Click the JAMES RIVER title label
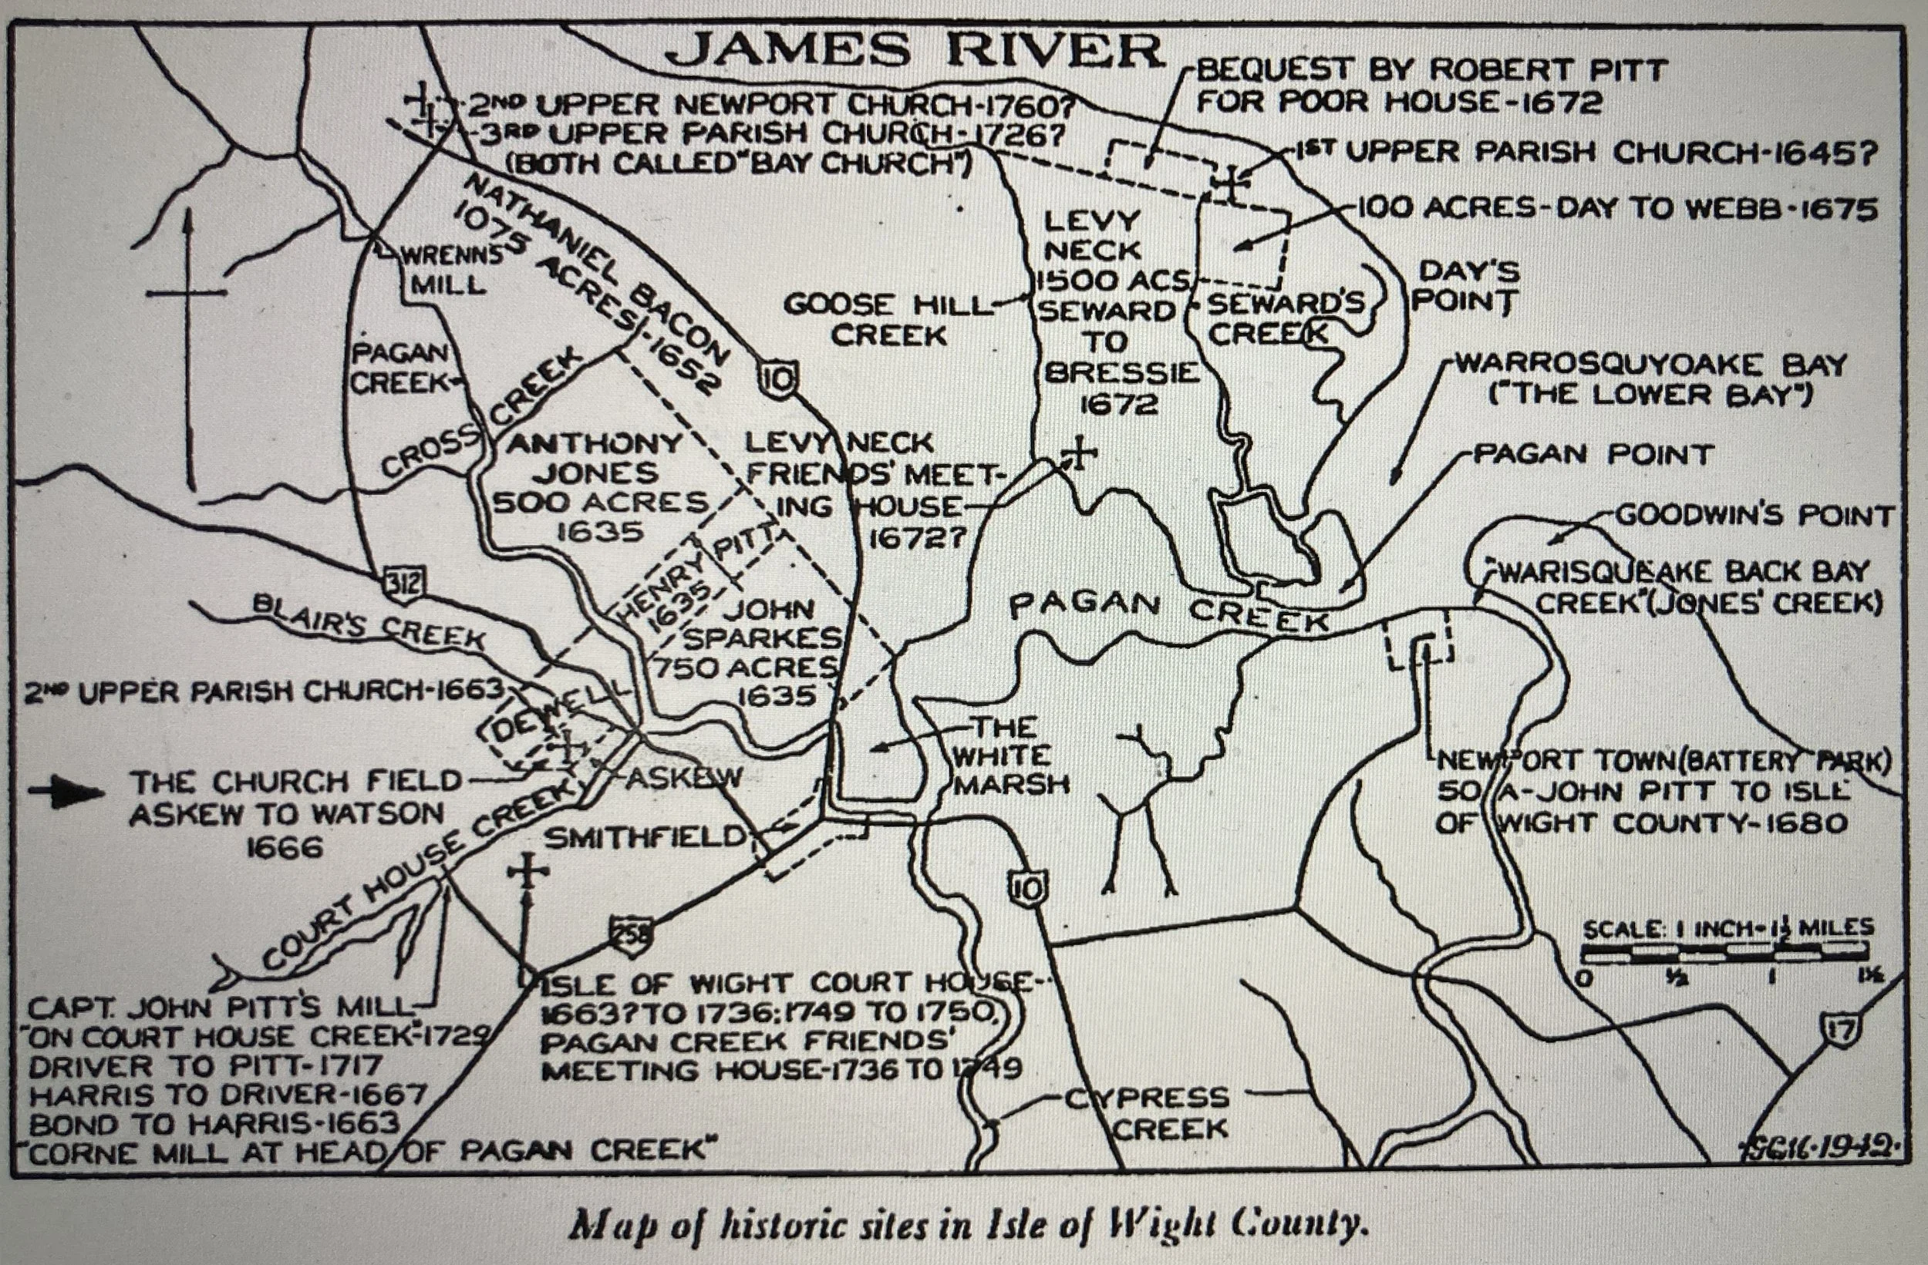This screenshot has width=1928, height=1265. pos(915,52)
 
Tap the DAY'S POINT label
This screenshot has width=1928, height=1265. pos(1465,286)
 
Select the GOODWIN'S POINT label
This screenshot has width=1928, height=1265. pos(1754,515)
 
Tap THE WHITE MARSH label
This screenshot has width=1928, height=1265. pos(1010,755)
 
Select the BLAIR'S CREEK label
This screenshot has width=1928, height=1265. pos(369,621)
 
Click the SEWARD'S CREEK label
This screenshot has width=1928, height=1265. pos(1280,318)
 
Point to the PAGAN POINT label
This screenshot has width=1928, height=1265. pos(1592,454)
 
